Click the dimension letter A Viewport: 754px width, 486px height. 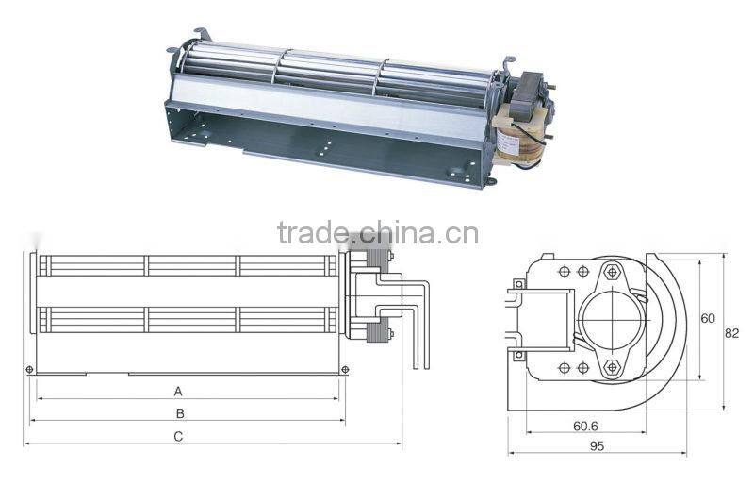[177, 390]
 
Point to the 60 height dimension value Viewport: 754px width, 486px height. [708, 318]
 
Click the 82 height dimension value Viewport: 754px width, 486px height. [733, 332]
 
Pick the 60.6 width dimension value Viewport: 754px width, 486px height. [586, 426]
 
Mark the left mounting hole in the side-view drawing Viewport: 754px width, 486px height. [32, 368]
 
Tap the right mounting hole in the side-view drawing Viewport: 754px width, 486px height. [346, 368]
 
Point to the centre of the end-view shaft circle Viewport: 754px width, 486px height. [612, 319]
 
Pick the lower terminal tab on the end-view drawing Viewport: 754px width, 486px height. [517, 355]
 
